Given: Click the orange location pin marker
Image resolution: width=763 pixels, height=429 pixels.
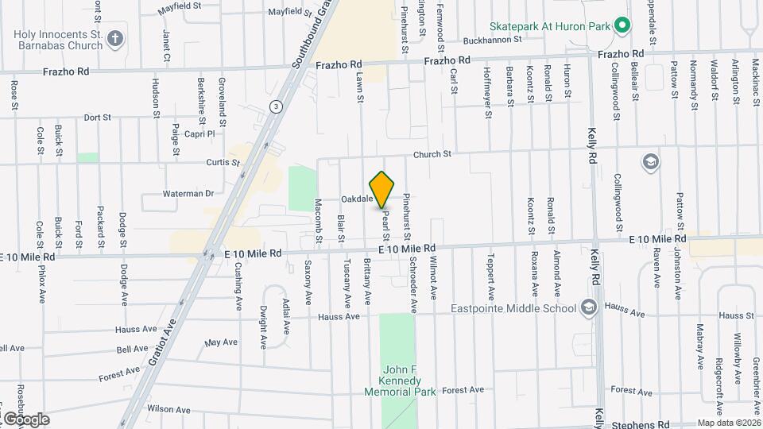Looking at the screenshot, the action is click(x=382, y=190).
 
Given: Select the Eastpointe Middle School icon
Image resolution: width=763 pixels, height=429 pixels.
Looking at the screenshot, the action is click(x=589, y=307).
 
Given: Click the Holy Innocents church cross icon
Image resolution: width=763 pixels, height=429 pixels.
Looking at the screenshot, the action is click(x=115, y=38).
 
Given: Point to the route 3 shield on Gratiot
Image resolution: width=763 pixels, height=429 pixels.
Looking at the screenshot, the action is click(x=275, y=106).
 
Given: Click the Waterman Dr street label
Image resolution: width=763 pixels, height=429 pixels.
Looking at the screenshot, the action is click(x=188, y=193).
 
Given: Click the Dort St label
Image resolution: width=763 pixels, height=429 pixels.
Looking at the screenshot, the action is click(x=97, y=117).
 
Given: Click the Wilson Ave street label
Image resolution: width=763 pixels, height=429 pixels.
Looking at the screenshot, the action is click(x=168, y=410).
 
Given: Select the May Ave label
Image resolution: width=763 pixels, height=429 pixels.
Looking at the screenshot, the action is click(x=221, y=342).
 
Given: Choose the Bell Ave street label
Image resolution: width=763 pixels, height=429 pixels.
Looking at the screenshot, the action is click(x=133, y=349).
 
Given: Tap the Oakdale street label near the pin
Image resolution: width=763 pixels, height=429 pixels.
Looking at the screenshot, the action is click(x=357, y=199).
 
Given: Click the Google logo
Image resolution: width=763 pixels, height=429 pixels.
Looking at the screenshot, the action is click(x=26, y=419).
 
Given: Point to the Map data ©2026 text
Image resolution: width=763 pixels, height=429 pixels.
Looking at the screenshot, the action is click(x=728, y=423).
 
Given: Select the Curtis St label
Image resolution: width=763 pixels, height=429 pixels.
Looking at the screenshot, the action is click(x=223, y=162).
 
